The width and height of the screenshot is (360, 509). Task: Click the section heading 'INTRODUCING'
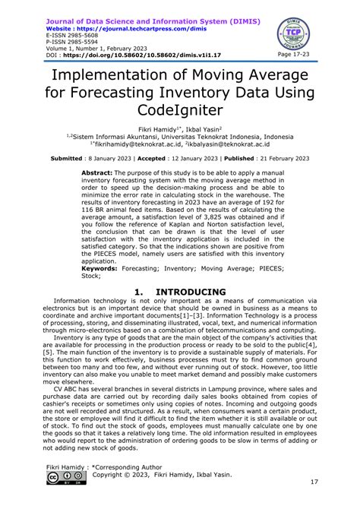191,292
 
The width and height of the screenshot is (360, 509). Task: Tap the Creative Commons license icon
62,478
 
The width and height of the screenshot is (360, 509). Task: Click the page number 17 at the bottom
313,484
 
